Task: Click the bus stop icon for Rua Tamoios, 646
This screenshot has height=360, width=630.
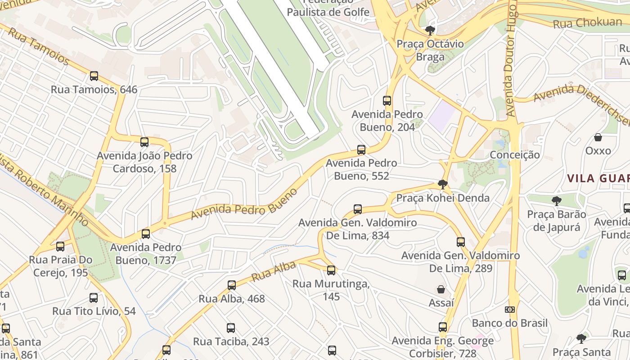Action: [94, 76]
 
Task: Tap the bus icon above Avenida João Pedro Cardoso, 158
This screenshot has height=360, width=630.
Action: [144, 142]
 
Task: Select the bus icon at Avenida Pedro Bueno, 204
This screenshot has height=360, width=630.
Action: [387, 101]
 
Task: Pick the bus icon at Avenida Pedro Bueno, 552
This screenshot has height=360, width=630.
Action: [361, 150]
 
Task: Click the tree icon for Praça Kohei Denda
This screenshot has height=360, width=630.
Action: [443, 184]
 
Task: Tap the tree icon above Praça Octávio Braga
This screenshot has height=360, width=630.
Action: [430, 31]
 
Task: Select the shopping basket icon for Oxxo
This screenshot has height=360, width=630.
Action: [598, 137]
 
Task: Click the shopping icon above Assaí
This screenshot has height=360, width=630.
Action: [441, 289]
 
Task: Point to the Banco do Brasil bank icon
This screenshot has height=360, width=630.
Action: [509, 310]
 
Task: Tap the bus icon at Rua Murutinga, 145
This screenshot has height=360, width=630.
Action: [331, 270]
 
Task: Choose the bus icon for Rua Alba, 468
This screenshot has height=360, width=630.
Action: [232, 285]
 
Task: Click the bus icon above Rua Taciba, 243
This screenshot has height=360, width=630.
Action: [231, 328]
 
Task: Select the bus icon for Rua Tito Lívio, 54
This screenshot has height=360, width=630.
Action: [94, 298]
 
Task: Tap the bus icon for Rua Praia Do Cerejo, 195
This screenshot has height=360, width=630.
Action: [60, 247]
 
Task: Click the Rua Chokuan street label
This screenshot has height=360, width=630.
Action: [587, 23]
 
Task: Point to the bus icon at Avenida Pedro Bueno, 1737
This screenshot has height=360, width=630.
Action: [146, 234]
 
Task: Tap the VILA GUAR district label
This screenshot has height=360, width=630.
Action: [598, 178]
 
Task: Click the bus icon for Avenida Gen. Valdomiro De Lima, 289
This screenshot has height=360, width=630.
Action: [461, 242]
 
